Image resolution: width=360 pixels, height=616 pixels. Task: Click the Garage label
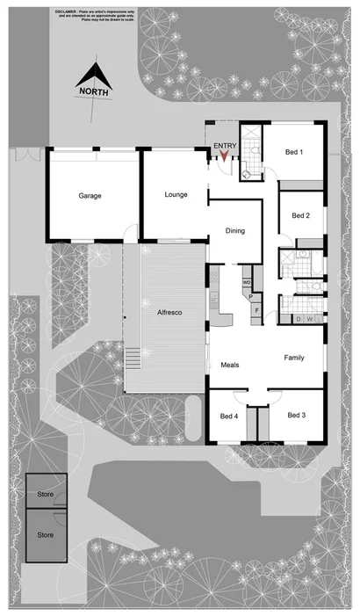click(x=90, y=196)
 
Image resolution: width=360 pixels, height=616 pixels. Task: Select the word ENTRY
click(x=224, y=146)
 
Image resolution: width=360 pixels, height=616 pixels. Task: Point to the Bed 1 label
click(x=295, y=152)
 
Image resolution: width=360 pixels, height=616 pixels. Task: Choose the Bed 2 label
click(x=300, y=215)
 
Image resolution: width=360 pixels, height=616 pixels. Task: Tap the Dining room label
click(x=235, y=231)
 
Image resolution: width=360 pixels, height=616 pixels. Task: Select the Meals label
click(x=230, y=364)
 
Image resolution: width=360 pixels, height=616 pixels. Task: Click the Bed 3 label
click(x=296, y=415)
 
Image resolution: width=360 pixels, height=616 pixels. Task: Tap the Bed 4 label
click(x=228, y=416)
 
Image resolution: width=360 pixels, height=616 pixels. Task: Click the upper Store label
click(x=45, y=496)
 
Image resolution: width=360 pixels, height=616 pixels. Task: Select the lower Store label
click(x=45, y=533)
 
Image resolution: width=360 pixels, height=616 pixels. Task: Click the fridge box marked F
click(x=256, y=310)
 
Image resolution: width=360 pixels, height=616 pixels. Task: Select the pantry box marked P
click(x=251, y=297)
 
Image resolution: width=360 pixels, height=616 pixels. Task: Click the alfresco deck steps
click(x=133, y=359)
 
